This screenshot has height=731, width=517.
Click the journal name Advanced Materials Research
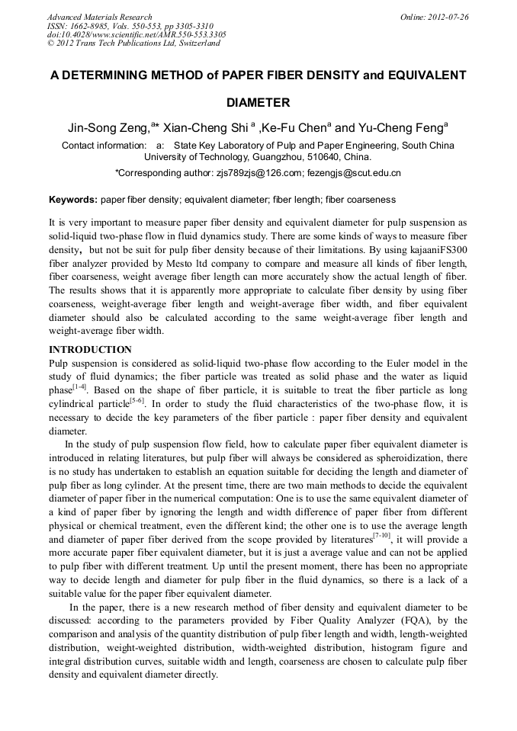click(99, 17)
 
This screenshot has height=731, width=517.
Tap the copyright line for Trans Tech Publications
click(133, 43)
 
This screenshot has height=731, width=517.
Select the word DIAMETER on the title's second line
click(258, 102)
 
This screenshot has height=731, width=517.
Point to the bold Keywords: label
click(73, 200)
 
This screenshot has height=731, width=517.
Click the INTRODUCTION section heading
click(90, 350)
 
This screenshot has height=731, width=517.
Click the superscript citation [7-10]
click(382, 535)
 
